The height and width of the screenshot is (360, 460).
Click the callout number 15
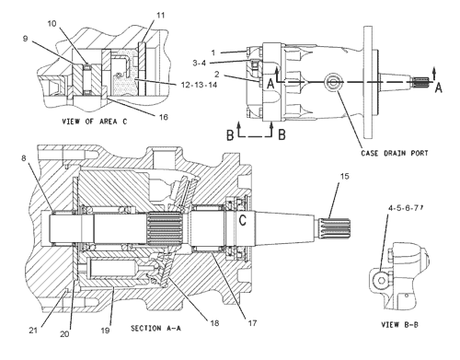pyautogui.click(x=345, y=176)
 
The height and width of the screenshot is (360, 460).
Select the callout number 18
pyautogui.click(x=214, y=323)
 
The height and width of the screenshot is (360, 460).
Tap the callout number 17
pyautogui.click(x=252, y=323)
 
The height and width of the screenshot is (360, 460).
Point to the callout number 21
pyautogui.click(x=33, y=331)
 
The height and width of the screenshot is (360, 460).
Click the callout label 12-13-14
pyautogui.click(x=199, y=85)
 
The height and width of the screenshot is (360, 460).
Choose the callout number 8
pyautogui.click(x=24, y=158)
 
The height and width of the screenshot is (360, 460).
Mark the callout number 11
pyautogui.click(x=161, y=15)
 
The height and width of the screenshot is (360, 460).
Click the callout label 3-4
pyautogui.click(x=200, y=63)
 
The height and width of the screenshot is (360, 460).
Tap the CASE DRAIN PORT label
pyautogui.click(x=395, y=153)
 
